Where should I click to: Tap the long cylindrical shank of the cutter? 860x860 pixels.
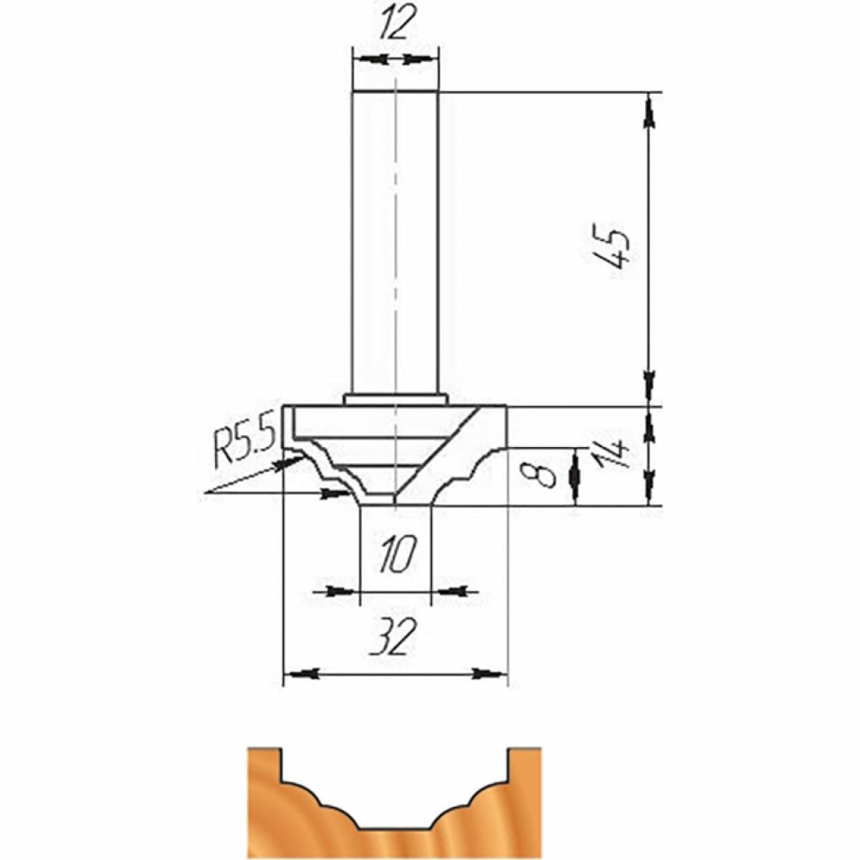[x=395, y=243]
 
